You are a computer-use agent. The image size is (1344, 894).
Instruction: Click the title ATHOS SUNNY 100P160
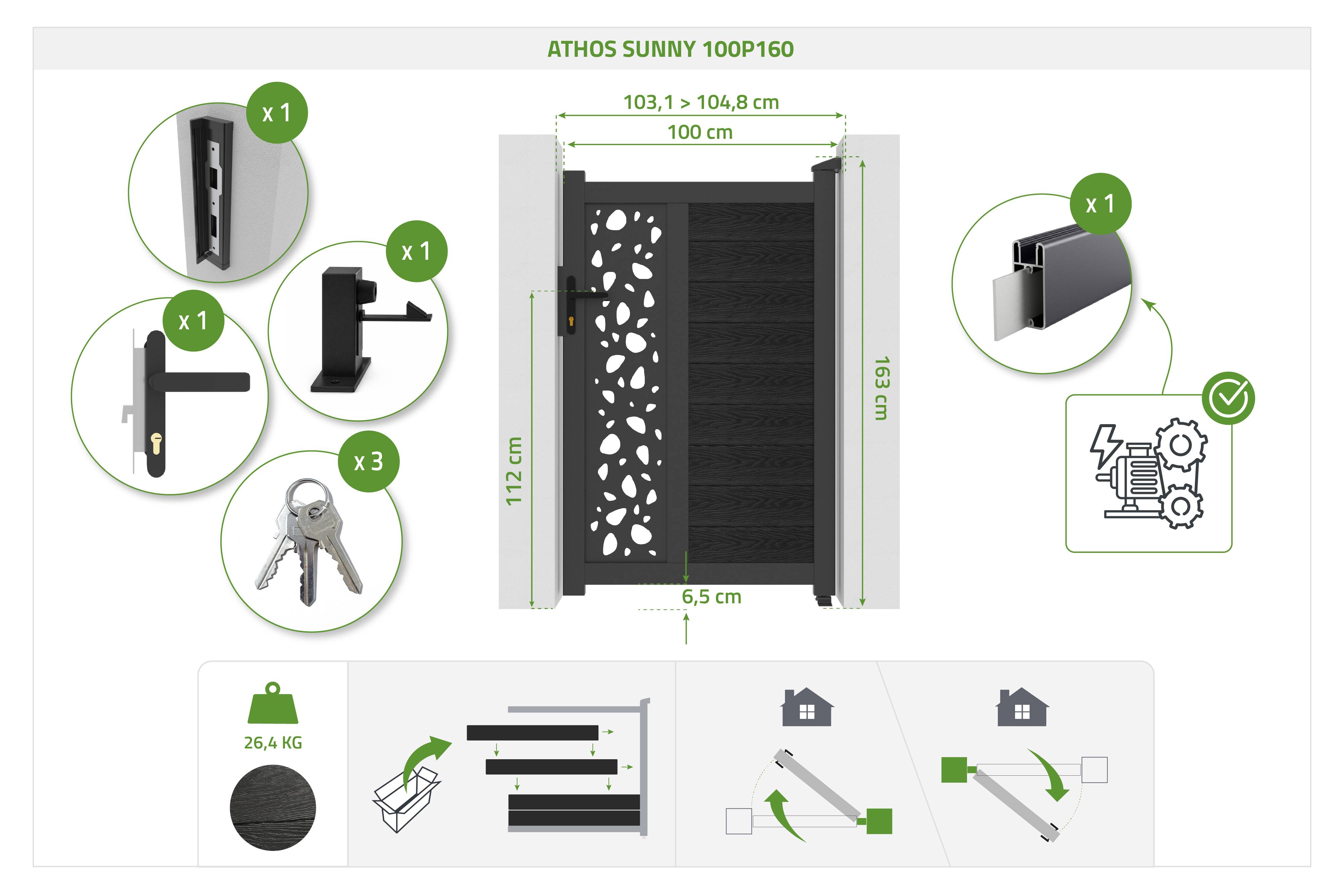pos(670,50)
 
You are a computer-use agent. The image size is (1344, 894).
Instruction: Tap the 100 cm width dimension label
pos(700,132)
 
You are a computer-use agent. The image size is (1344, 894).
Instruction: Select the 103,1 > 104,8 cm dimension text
pos(701,103)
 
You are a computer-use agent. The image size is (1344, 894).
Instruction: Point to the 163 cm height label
pos(881,388)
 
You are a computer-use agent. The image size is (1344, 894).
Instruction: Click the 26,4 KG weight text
pos(273,742)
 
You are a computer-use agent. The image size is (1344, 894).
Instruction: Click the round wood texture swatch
pos(273,808)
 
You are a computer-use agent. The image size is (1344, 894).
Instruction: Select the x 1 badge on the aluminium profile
pos(1100,204)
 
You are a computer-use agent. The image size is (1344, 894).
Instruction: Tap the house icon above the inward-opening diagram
pos(806,707)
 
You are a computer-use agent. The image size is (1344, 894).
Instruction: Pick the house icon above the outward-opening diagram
pos(1022,707)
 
